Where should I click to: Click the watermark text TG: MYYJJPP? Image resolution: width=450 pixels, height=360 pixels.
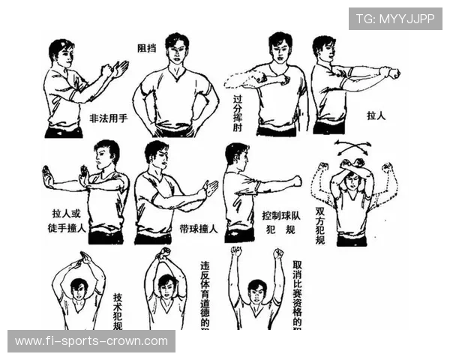(x=395, y=18)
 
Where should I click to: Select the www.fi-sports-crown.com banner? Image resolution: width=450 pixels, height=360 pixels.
(x=92, y=341)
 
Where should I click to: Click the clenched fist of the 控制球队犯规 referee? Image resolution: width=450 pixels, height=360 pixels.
(x=296, y=181)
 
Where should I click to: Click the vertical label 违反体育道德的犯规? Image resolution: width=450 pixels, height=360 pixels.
(x=205, y=295)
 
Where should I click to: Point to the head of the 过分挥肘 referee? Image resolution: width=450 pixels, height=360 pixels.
(x=279, y=48)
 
